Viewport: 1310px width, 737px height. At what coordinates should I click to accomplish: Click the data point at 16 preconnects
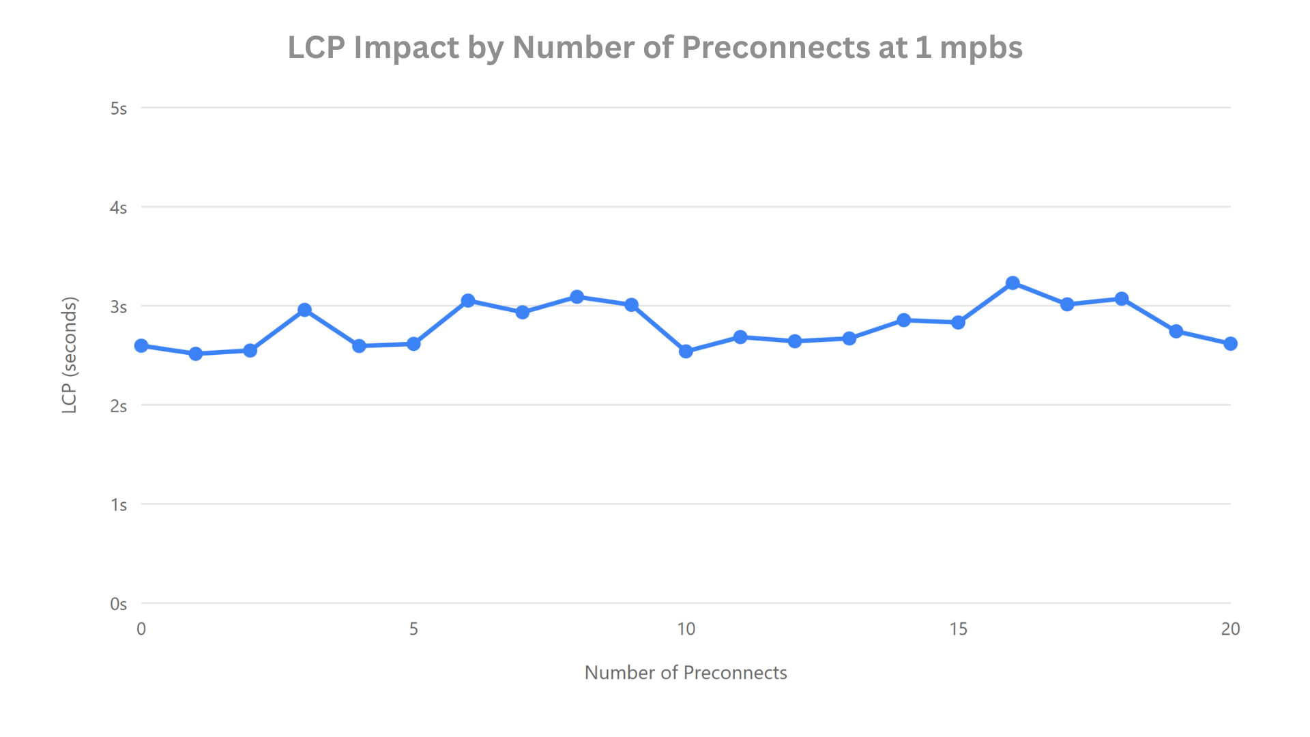(1013, 283)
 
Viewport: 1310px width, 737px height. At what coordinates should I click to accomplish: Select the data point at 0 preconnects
(141, 346)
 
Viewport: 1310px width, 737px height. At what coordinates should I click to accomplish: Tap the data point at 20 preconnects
(1230, 344)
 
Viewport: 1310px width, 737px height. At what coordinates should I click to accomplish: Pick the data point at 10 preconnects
(686, 351)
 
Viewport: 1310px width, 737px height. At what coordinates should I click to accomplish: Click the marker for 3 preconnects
(305, 310)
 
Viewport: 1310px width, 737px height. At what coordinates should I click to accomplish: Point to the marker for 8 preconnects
(577, 297)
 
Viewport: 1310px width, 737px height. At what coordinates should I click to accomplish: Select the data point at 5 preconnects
(413, 344)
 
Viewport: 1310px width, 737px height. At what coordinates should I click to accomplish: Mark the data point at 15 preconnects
(958, 322)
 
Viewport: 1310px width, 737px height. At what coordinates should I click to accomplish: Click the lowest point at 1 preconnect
(196, 353)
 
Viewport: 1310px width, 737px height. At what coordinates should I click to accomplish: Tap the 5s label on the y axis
(119, 109)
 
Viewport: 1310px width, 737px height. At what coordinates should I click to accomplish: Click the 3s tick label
(119, 307)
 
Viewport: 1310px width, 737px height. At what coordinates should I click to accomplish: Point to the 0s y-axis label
(119, 604)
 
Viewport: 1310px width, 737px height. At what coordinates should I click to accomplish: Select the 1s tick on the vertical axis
(119, 505)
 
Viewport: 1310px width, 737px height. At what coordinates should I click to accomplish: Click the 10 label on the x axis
(686, 629)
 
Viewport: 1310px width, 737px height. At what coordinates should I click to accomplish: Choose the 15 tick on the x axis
(958, 629)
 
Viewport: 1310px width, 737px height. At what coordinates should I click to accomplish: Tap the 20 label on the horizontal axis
(1230, 629)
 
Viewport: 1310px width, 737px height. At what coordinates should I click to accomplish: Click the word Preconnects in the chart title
(776, 48)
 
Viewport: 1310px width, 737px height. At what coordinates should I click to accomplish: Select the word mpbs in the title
(980, 48)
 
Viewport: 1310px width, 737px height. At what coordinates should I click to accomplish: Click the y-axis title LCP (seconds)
(70, 355)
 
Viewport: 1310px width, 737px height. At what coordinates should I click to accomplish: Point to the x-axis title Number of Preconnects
(686, 673)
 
